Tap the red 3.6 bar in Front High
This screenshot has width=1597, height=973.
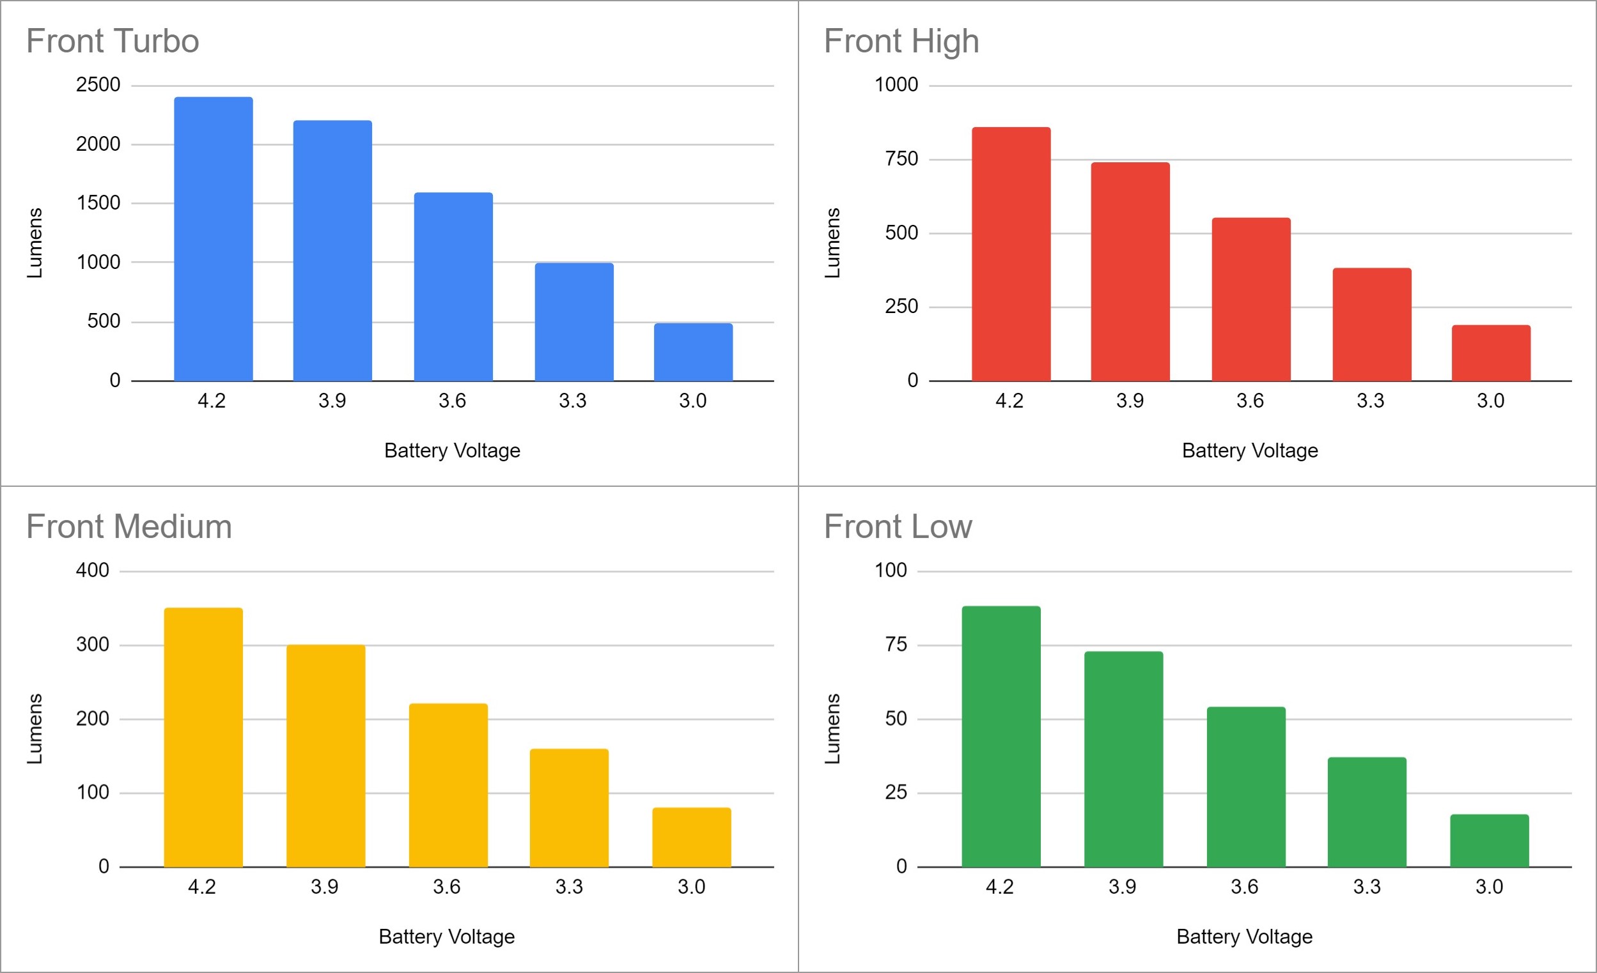coord(1250,299)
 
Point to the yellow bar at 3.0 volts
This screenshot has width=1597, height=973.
coord(691,837)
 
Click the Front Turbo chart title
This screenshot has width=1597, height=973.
coord(112,42)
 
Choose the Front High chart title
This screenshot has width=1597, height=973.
coord(901,42)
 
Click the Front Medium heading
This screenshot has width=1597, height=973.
coord(129,526)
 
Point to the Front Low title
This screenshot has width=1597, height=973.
coord(898,526)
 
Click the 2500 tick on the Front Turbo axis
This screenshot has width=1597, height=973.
coord(98,85)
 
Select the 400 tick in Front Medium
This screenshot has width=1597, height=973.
coord(92,571)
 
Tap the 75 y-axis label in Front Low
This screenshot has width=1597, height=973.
coord(896,645)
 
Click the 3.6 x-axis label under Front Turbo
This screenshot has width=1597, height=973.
coord(452,401)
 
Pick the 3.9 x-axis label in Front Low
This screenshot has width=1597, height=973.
coord(1122,887)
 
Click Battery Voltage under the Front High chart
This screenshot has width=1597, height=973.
coord(1250,451)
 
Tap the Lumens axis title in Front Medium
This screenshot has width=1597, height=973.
coord(35,729)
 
